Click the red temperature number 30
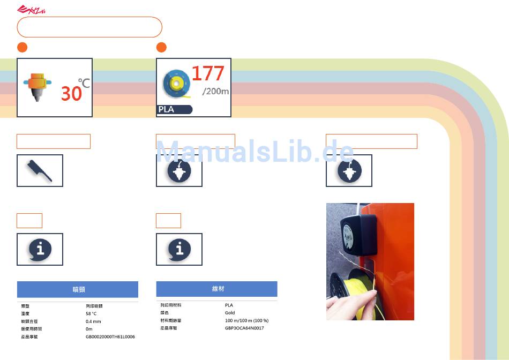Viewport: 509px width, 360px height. click(x=71, y=94)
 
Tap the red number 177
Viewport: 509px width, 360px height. click(x=208, y=73)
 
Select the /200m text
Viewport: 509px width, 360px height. click(x=215, y=91)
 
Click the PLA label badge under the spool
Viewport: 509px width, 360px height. click(x=175, y=110)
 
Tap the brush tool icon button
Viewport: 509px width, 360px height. click(x=40, y=170)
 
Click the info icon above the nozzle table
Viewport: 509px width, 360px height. click(x=40, y=249)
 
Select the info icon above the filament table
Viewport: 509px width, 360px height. click(x=179, y=249)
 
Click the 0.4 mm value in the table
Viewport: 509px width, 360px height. click(x=93, y=321)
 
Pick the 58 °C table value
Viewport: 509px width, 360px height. click(x=91, y=313)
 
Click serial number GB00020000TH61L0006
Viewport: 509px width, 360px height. click(x=110, y=337)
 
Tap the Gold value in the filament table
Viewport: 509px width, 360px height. click(x=230, y=312)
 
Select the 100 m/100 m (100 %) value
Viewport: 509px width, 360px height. click(x=246, y=320)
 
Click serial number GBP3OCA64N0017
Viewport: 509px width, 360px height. click(x=244, y=328)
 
